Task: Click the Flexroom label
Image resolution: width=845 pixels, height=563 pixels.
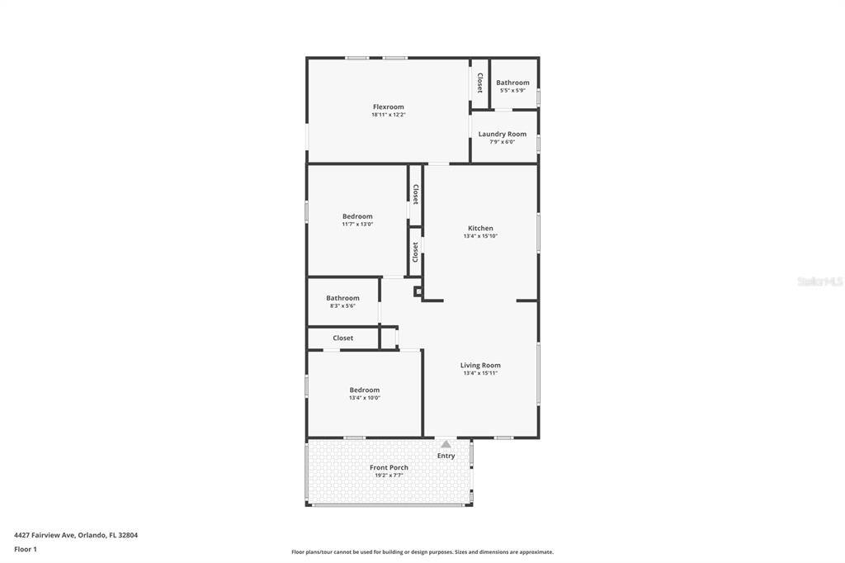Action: pyautogui.click(x=388, y=106)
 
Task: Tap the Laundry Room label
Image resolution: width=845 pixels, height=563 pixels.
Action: pyautogui.click(x=503, y=134)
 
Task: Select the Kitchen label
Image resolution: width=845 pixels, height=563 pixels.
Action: pyautogui.click(x=480, y=228)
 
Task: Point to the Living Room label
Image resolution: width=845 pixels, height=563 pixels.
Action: pyautogui.click(x=480, y=365)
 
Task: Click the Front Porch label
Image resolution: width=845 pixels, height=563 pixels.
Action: pyautogui.click(x=389, y=467)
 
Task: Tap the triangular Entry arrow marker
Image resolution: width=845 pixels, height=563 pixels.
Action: pyautogui.click(x=446, y=444)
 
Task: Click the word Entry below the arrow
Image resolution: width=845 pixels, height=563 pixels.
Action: pyautogui.click(x=446, y=456)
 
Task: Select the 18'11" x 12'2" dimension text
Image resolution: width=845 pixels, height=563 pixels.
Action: pyautogui.click(x=388, y=115)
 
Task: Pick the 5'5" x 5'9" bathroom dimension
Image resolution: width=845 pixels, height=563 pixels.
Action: pyautogui.click(x=512, y=91)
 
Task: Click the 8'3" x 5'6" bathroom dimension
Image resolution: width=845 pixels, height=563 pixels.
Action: pyautogui.click(x=342, y=305)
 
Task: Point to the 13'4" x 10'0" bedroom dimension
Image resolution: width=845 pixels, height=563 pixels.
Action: pyautogui.click(x=364, y=398)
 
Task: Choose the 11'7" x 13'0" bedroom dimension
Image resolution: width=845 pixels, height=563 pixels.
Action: pyautogui.click(x=357, y=225)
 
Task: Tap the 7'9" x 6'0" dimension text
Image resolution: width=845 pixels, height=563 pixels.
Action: pyautogui.click(x=503, y=142)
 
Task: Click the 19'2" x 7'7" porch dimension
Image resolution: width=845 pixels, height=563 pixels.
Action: pyautogui.click(x=389, y=475)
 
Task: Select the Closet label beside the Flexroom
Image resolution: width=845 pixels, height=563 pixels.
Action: pyautogui.click(x=479, y=83)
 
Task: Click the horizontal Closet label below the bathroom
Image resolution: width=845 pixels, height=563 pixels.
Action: pyautogui.click(x=342, y=338)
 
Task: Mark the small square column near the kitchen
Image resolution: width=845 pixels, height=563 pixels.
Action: pyautogui.click(x=418, y=291)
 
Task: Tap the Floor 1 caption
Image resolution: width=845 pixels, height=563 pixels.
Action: pyautogui.click(x=26, y=550)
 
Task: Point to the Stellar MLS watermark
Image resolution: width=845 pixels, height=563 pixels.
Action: pyautogui.click(x=820, y=281)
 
